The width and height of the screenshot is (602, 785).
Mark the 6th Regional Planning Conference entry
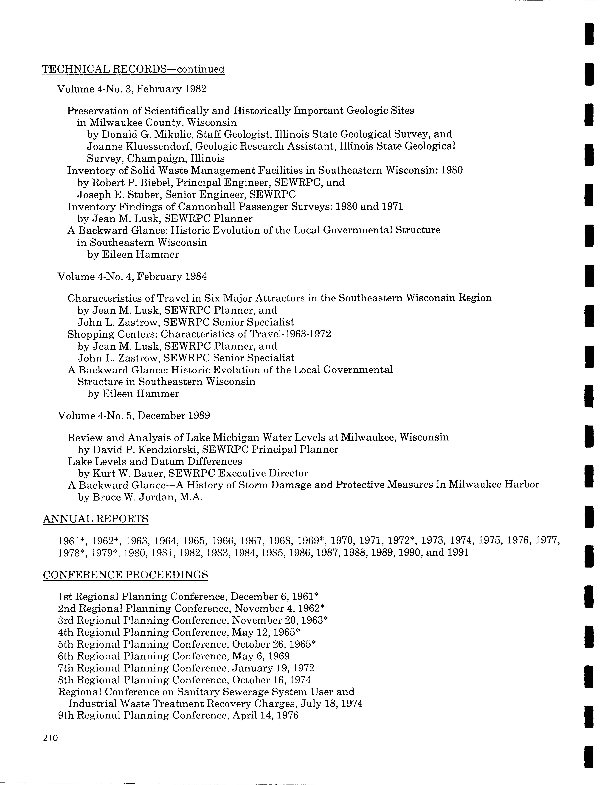point(173,656)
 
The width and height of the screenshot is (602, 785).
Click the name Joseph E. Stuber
point(117,195)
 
